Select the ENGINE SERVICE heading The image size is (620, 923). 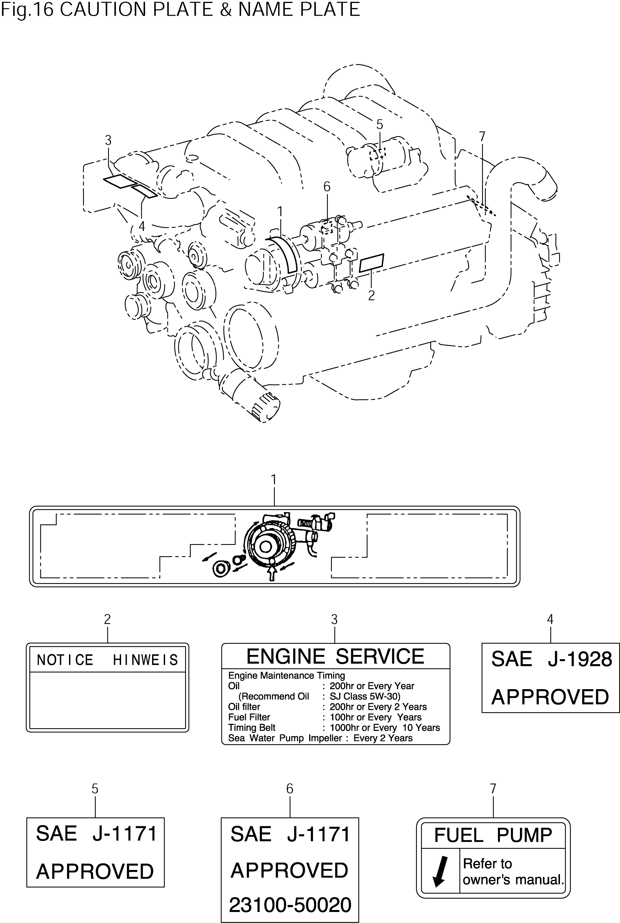[x=335, y=656]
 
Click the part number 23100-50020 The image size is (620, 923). [x=290, y=905]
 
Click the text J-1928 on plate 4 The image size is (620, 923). [x=580, y=659]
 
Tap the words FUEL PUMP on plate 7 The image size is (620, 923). [x=493, y=835]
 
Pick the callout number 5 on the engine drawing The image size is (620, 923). [x=380, y=124]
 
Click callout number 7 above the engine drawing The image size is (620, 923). [x=482, y=136]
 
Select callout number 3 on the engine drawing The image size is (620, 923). [x=108, y=140]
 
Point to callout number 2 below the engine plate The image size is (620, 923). [x=371, y=296]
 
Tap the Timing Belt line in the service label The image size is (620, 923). [x=334, y=728]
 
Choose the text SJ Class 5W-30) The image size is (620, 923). [x=365, y=697]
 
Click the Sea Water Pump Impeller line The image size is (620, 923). [x=320, y=738]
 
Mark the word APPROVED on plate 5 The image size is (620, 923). [x=95, y=872]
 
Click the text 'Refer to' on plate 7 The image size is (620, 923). [x=487, y=864]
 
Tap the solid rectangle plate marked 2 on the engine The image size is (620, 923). [x=371, y=263]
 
